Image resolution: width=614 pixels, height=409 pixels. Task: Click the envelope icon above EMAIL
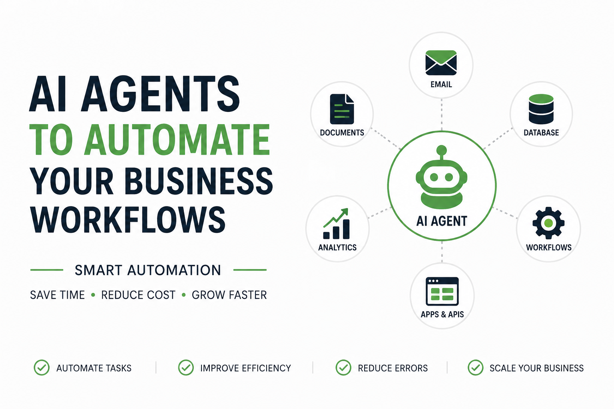pos(441,63)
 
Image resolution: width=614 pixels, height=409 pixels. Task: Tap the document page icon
pos(342,109)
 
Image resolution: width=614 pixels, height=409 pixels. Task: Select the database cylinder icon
pos(541,109)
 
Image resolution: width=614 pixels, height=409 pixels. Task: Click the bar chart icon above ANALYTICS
pos(336,224)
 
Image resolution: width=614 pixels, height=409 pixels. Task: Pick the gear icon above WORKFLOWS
pos(548,223)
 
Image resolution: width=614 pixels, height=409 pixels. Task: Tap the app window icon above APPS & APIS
pos(442,291)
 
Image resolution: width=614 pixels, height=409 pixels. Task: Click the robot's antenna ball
pos(442,150)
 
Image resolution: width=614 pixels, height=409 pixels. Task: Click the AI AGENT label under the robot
pos(442,221)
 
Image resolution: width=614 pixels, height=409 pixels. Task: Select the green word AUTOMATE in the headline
pos(177,140)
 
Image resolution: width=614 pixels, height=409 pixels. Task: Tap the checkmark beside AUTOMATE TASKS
pos(42,367)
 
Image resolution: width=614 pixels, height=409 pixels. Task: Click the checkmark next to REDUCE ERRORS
pos(343,367)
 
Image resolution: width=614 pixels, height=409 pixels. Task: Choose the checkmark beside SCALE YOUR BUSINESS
pos(476,367)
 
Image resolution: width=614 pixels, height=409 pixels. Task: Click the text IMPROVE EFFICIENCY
pos(245,368)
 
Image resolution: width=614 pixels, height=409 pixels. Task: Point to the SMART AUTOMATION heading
pos(148,270)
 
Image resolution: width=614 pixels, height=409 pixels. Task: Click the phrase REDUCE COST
pos(138,295)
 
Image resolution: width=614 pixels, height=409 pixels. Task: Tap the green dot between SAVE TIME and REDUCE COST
pos(93,295)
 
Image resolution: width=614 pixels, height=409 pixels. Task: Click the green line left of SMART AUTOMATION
pos(47,270)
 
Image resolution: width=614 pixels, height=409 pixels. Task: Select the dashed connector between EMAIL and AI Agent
pos(442,115)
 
